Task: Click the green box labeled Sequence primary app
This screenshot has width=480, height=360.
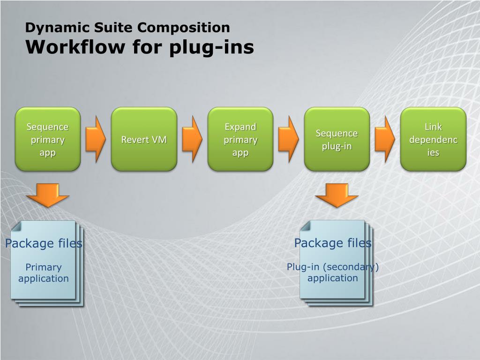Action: [x=48, y=139]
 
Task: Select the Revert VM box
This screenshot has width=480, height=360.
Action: [x=144, y=139]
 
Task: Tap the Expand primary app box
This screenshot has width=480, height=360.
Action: [x=240, y=139]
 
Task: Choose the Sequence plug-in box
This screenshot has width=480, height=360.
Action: [x=337, y=139]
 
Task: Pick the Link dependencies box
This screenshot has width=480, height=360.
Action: [x=433, y=139]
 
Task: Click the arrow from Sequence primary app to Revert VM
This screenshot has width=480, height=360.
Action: [x=96, y=139]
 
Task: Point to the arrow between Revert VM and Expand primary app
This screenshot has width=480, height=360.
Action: [x=192, y=139]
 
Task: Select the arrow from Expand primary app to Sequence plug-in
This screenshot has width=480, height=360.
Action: [x=288, y=139]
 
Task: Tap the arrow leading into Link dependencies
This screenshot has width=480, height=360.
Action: [x=385, y=139]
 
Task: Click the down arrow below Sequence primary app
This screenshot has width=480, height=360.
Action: [x=48, y=195]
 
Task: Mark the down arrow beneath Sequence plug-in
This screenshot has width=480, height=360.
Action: [x=337, y=195]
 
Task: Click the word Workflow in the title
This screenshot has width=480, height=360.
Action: [x=75, y=47]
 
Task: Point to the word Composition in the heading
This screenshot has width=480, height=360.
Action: [x=184, y=28]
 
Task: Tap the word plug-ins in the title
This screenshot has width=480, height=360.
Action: [x=211, y=48]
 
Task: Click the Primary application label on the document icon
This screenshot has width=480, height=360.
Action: [x=44, y=273]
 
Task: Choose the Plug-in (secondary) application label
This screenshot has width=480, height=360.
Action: [x=333, y=272]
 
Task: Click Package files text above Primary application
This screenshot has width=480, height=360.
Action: [x=44, y=243]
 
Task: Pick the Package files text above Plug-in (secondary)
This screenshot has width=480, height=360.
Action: [x=333, y=243]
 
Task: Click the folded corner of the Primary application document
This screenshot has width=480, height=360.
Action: [x=15, y=226]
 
